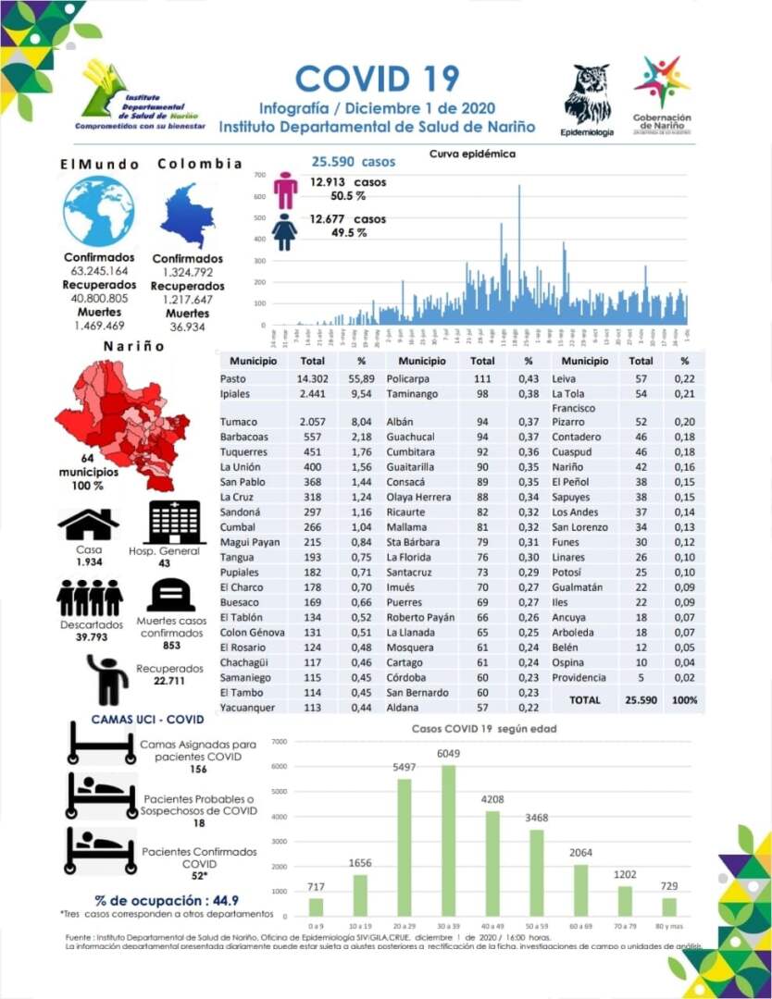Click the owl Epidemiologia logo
(x=587, y=96)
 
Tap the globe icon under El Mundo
(x=99, y=211)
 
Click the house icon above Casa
(x=88, y=524)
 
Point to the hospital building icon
(x=175, y=522)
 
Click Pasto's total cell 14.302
(x=313, y=379)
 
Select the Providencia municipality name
(x=579, y=678)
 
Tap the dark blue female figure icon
(x=286, y=232)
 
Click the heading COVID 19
(x=377, y=78)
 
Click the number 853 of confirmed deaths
(x=171, y=646)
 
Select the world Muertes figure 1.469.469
(x=99, y=326)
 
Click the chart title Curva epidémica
(x=472, y=154)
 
